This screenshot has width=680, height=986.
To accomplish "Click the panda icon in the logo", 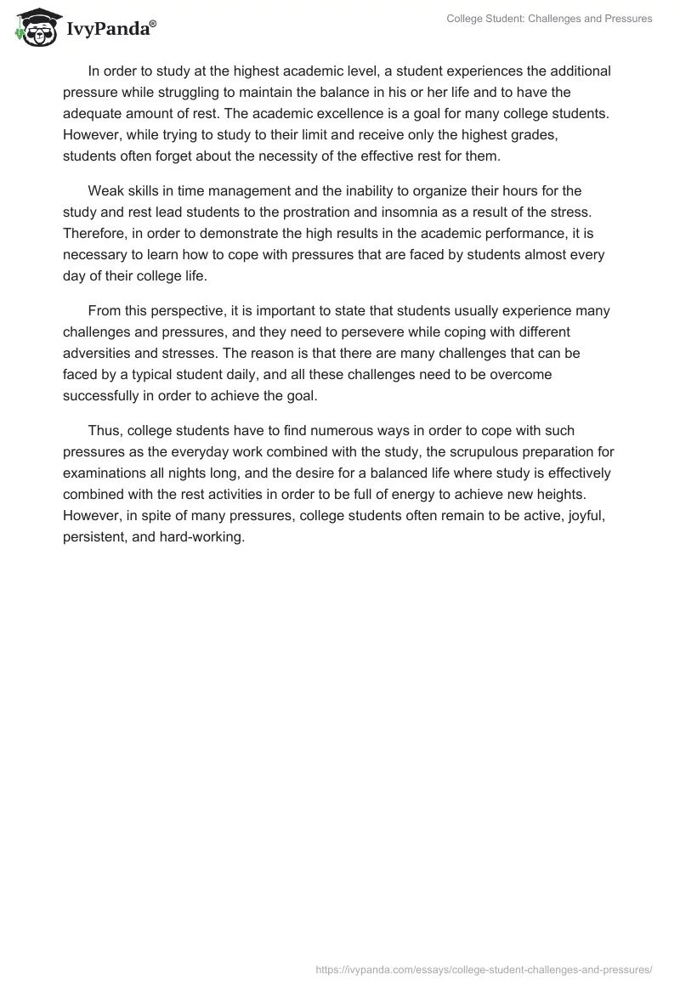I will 35,28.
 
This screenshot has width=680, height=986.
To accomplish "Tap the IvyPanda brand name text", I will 110,31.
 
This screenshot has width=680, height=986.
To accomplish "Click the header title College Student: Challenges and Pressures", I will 549,19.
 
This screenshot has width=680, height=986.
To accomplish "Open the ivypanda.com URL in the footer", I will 483,968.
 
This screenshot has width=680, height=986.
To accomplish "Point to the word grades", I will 544,134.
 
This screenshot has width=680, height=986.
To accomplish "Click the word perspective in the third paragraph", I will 187,311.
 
